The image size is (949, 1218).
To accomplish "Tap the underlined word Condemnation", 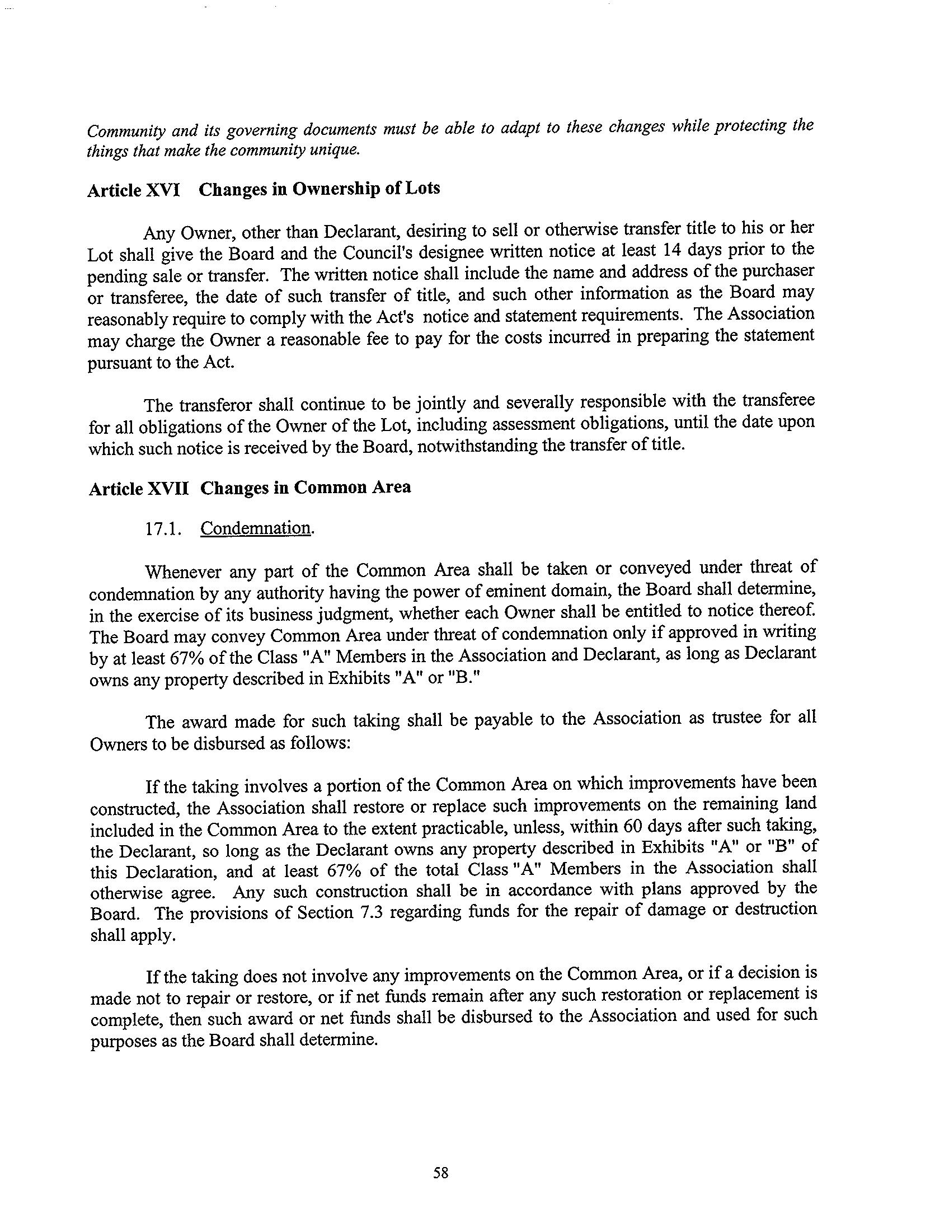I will click(x=255, y=528).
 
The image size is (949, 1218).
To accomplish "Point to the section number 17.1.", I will click(x=163, y=529).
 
